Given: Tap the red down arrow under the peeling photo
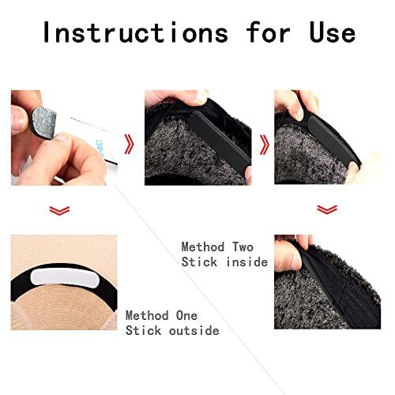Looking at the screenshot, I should click(59, 211).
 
